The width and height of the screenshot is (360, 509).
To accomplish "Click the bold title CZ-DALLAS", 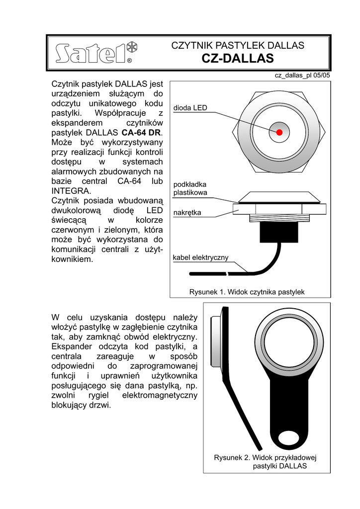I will [x=238, y=59].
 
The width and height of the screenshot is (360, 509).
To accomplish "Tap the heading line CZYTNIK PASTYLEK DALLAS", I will [x=238, y=46].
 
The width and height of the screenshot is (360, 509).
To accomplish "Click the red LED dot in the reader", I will [x=279, y=132].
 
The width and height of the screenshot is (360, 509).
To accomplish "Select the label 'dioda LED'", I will [x=190, y=108].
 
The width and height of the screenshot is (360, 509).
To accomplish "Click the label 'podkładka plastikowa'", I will [x=190, y=188].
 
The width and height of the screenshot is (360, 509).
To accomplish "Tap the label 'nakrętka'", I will [x=187, y=213].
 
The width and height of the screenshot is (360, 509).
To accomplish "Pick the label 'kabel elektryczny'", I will [x=200, y=257].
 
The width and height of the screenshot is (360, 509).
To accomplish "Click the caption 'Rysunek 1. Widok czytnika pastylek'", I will [x=247, y=292].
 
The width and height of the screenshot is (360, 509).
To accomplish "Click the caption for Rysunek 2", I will [x=266, y=462].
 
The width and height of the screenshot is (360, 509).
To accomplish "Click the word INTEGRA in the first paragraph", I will [x=71, y=191].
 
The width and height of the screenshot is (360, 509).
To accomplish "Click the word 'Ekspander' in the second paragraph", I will [x=74, y=346].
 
